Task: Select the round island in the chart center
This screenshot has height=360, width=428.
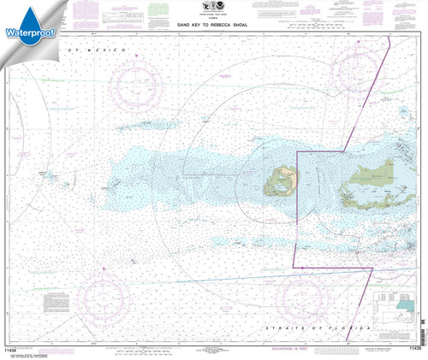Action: pos(282,180)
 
